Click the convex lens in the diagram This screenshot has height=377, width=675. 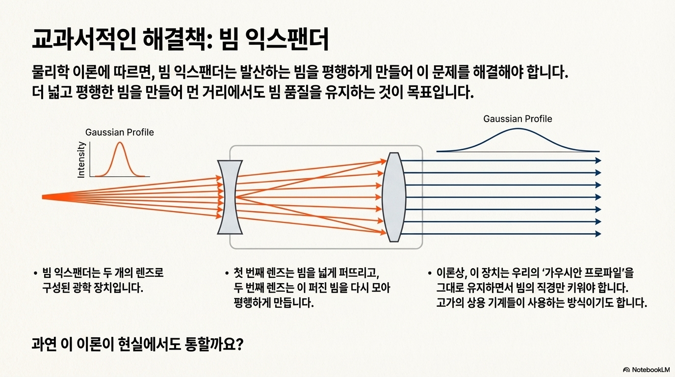click(394, 197)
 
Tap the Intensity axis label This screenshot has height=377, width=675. click(81, 160)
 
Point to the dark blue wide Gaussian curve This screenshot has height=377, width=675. click(518, 130)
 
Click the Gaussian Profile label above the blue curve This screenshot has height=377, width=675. click(518, 119)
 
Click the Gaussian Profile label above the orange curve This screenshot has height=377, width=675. click(119, 132)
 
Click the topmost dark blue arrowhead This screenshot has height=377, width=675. click(598, 161)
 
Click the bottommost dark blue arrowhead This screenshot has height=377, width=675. click(598, 234)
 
